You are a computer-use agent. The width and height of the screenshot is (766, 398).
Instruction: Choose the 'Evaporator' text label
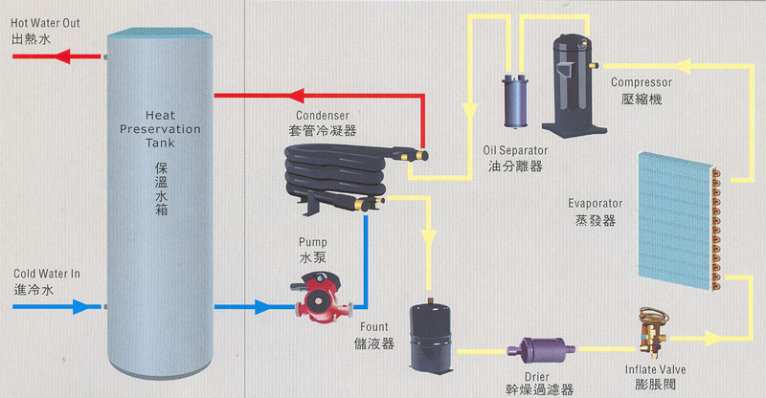595,204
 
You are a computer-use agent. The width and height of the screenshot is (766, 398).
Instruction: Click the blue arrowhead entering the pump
259,307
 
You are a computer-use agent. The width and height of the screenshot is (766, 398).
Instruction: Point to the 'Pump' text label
312,242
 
